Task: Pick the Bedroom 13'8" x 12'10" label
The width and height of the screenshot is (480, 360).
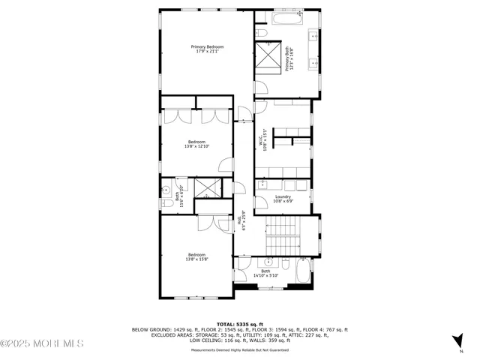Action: (x=196, y=144)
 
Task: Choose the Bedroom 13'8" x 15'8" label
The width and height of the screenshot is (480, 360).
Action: (x=196, y=257)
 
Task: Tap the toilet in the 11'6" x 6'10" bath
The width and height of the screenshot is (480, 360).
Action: (x=166, y=202)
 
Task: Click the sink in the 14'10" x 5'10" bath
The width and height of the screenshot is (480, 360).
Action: (x=266, y=262)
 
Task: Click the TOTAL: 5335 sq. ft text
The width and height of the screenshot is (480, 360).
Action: (x=240, y=324)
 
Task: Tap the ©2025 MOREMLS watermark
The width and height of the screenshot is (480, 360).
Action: (x=42, y=343)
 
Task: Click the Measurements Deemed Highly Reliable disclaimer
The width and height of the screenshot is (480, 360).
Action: (x=240, y=349)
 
